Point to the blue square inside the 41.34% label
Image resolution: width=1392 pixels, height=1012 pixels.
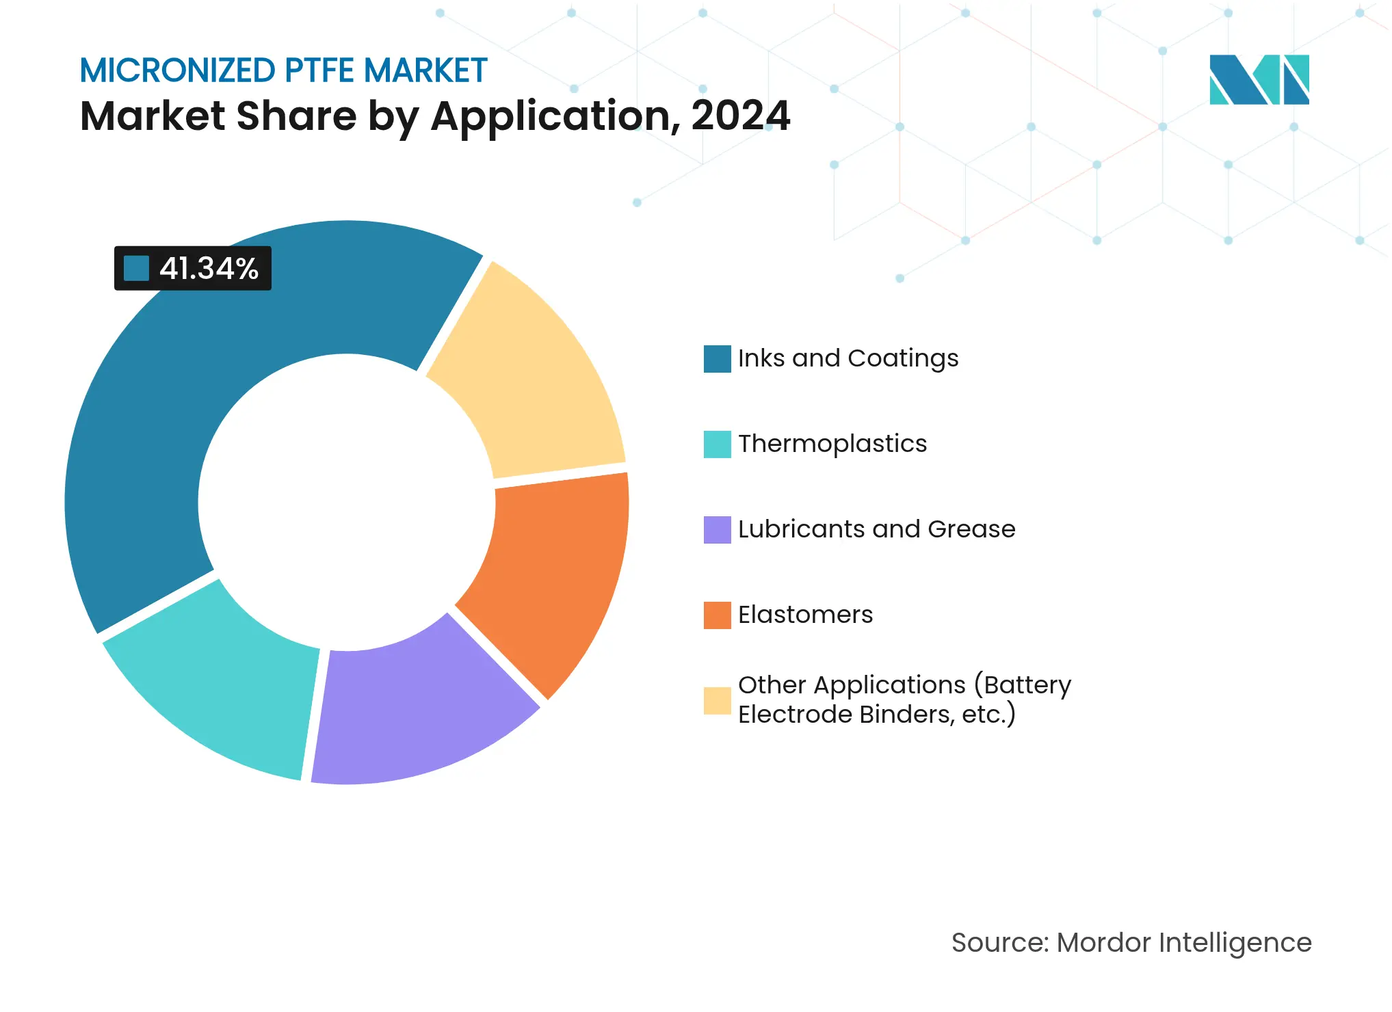pos(136,268)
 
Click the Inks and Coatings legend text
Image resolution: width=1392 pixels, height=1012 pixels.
pos(848,358)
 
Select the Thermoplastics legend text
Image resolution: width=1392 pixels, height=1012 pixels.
pos(832,444)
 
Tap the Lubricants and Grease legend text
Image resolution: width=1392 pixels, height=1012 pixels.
pos(876,529)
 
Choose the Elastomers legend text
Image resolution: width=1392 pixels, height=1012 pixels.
pos(805,615)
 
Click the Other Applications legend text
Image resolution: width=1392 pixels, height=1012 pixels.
pos(904,700)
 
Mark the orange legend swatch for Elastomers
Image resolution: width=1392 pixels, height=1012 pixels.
pos(717,615)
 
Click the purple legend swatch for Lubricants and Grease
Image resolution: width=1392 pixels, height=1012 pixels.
pos(717,530)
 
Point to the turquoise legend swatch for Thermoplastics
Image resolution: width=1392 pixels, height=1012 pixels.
pos(717,444)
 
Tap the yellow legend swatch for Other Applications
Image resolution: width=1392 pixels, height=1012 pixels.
pos(717,701)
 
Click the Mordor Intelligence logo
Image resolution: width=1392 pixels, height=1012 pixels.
pos(1259,79)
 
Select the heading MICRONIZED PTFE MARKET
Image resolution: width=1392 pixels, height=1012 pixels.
pos(283,70)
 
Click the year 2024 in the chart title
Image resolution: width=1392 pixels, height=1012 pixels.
pos(741,116)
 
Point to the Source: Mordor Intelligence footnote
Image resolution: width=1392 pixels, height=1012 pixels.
pos(1131,942)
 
